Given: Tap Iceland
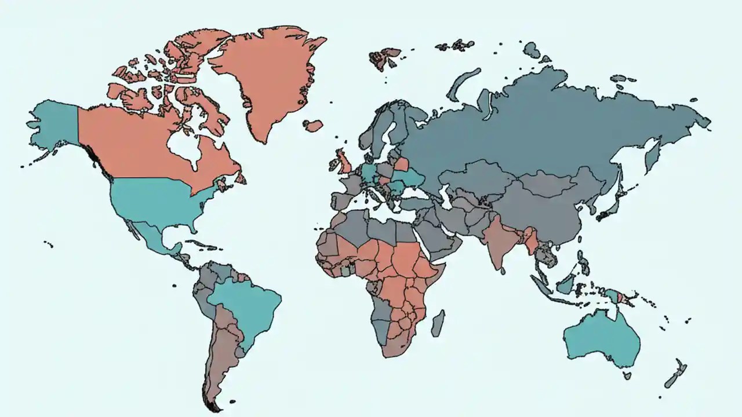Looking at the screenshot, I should click(x=314, y=126).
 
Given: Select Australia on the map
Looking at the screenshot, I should click(x=600, y=342).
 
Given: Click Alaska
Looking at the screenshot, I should click(x=55, y=125).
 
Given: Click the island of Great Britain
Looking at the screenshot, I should click(x=344, y=161).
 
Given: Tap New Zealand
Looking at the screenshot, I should click(x=675, y=374).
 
